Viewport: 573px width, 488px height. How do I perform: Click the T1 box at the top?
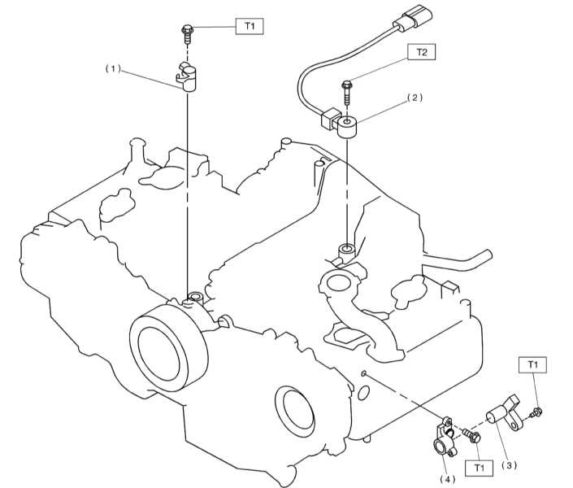(250, 26)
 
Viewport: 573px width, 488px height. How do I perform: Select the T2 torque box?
(422, 52)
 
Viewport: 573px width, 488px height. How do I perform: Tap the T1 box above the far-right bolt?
(533, 364)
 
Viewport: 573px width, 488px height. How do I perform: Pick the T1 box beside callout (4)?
(479, 468)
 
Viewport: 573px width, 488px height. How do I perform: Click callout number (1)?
(113, 69)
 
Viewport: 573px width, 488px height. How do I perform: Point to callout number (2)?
(415, 98)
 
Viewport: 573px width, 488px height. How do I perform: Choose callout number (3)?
(509, 465)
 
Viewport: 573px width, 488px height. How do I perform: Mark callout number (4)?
(447, 479)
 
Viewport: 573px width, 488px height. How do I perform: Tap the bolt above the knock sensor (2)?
(346, 93)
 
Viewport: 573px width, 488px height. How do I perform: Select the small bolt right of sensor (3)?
(536, 413)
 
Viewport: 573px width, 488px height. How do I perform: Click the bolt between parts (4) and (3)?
(472, 435)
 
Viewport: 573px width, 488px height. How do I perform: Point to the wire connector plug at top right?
(415, 17)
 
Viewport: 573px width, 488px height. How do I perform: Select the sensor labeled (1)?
(187, 76)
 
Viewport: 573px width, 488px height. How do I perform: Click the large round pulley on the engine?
(169, 347)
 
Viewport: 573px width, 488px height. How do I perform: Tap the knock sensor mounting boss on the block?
(346, 251)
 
